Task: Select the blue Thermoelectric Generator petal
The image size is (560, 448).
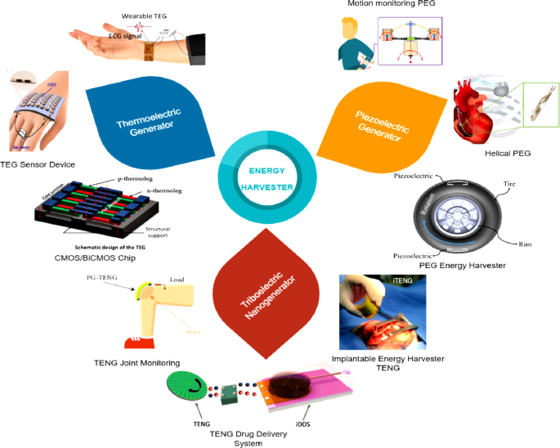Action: click(x=145, y=123)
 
